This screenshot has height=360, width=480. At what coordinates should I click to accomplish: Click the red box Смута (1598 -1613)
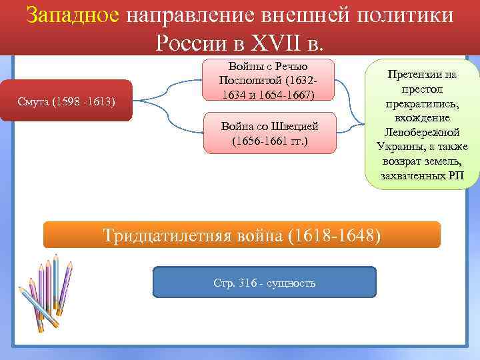tap(66, 102)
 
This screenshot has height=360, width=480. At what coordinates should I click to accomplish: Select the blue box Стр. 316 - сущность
tap(265, 283)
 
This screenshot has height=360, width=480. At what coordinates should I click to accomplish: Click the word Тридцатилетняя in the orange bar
tap(167, 235)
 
